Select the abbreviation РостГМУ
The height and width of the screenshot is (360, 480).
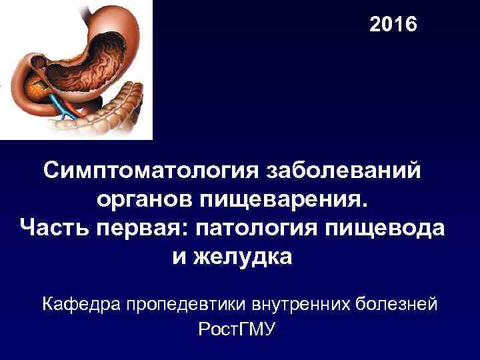point(237,330)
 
